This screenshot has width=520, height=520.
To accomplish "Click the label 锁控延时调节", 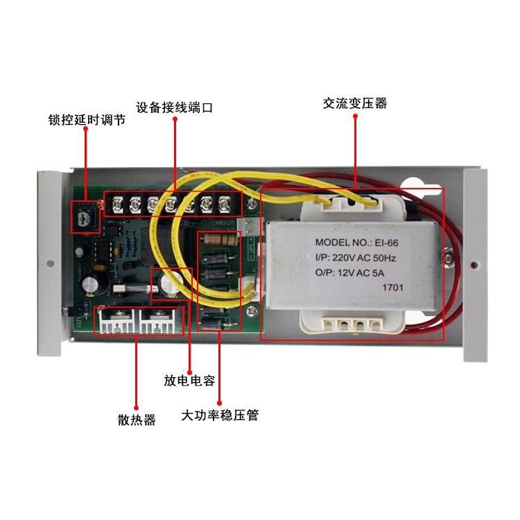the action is click(x=87, y=120).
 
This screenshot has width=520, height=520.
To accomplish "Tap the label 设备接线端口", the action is click(x=173, y=107).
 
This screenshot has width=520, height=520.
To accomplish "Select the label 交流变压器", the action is click(x=354, y=104).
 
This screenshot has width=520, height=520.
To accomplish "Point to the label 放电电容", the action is click(x=189, y=381).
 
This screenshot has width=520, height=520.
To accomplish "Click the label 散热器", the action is click(x=137, y=420).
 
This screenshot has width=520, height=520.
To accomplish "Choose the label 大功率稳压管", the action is click(x=219, y=416).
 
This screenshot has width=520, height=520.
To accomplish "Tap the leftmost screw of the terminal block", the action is click(x=117, y=205).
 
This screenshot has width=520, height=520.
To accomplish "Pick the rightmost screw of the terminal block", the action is click(x=224, y=205).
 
